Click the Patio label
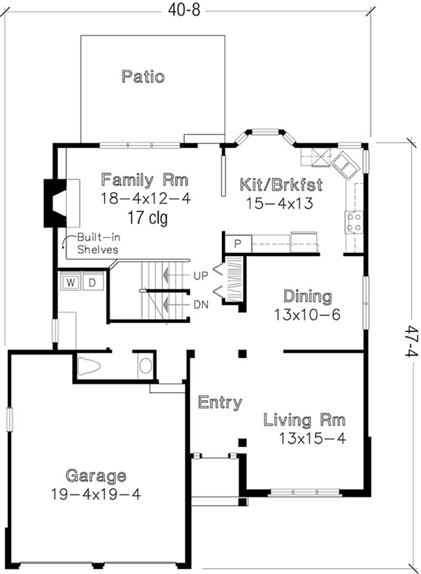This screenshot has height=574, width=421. pos(143,77)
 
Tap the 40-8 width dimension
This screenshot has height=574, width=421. pos(185,10)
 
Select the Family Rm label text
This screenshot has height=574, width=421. pos(145,180)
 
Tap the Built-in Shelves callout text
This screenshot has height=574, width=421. pos(97,243)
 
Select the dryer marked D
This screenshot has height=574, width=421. pos(92,283)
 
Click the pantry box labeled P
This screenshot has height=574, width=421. pos(237,244)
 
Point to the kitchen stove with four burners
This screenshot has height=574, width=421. pos(354,221)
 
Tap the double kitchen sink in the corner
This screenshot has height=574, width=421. pos(345,164)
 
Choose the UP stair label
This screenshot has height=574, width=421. pos(200,275)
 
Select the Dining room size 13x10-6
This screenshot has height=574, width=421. pos(307,315)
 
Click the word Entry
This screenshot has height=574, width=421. pos(220,403)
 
